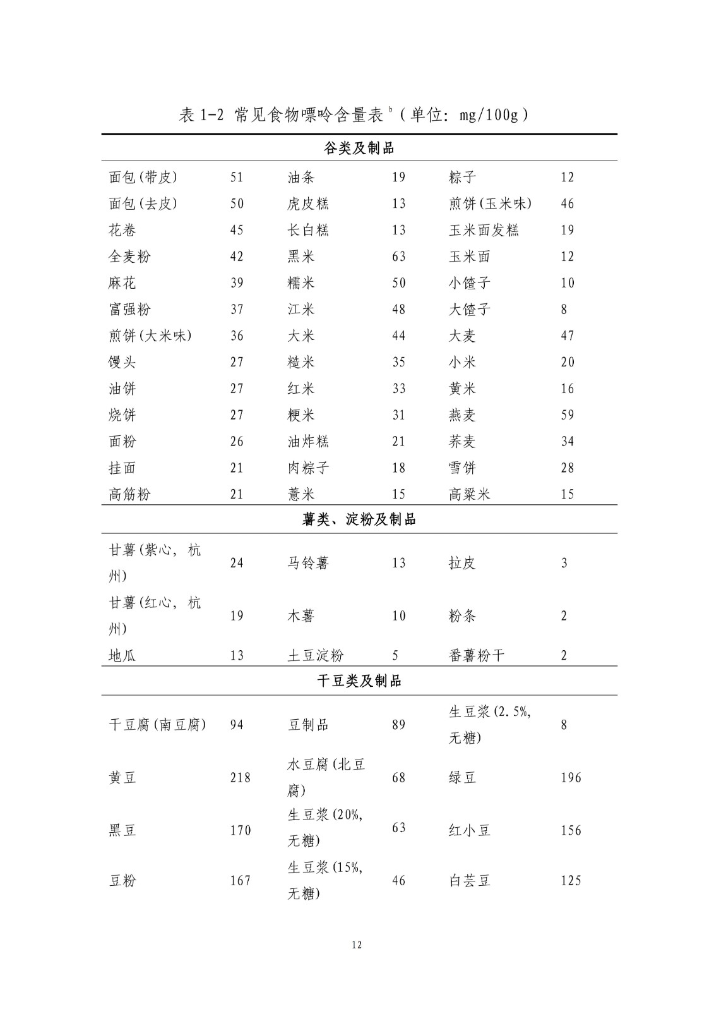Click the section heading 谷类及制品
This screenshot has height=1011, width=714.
click(359, 148)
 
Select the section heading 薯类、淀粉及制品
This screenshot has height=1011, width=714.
click(359, 520)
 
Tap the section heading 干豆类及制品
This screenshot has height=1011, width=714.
click(359, 681)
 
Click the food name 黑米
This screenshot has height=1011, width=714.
click(301, 257)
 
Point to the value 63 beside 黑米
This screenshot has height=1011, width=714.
click(398, 257)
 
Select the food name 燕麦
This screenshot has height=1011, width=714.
click(462, 415)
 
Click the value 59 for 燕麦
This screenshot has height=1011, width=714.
click(567, 415)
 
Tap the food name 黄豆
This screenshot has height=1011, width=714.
click(122, 778)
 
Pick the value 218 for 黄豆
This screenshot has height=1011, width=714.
click(240, 778)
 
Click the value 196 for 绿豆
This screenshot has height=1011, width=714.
click(571, 778)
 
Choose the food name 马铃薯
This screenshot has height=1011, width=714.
click(308, 563)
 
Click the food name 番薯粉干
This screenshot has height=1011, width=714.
click(477, 656)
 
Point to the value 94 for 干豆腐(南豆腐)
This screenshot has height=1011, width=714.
click(236, 725)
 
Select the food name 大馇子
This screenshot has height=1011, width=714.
click(469, 310)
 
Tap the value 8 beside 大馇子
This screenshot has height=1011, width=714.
click(564, 310)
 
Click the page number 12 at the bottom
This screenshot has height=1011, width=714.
click(357, 945)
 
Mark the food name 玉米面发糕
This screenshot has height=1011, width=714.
click(484, 230)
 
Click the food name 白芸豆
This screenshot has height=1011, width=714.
click(469, 881)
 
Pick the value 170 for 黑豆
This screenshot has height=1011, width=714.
click(240, 830)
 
